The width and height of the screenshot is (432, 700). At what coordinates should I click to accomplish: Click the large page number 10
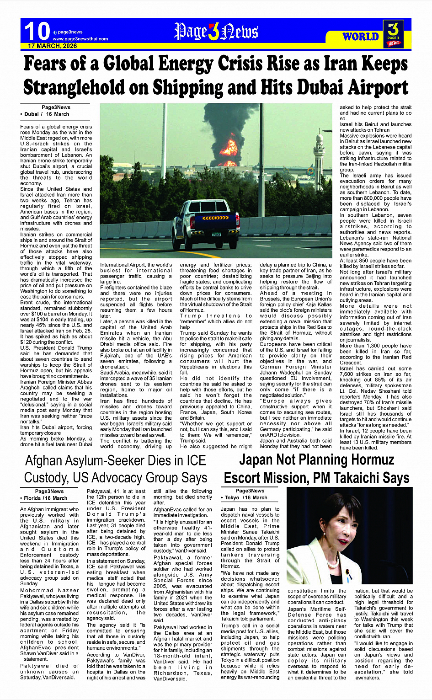point(37,31)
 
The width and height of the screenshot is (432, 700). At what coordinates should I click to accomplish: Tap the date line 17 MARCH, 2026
point(53,46)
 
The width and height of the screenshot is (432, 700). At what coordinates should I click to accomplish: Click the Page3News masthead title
point(216,32)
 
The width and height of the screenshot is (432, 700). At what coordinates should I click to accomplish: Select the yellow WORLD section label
point(361,37)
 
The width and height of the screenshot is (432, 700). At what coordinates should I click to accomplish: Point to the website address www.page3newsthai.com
point(80,39)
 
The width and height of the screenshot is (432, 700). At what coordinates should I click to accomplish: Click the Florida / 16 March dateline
point(45,498)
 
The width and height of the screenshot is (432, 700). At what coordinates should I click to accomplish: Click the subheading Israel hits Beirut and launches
point(375,124)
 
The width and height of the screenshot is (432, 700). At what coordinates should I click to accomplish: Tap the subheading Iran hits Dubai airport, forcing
point(56,427)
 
